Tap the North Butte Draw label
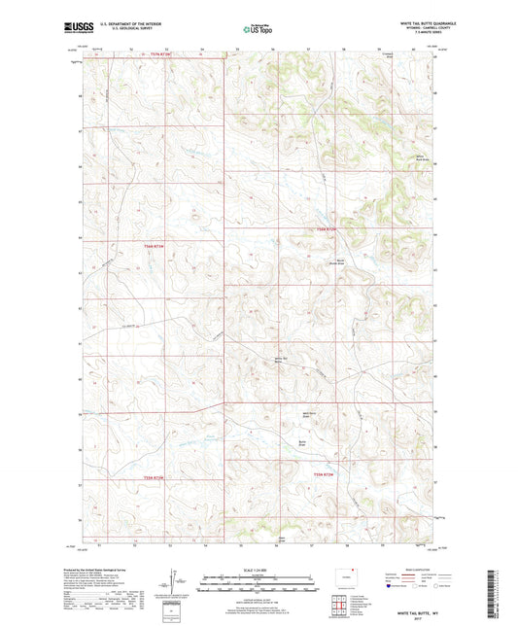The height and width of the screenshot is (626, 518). (x=341, y=261)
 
